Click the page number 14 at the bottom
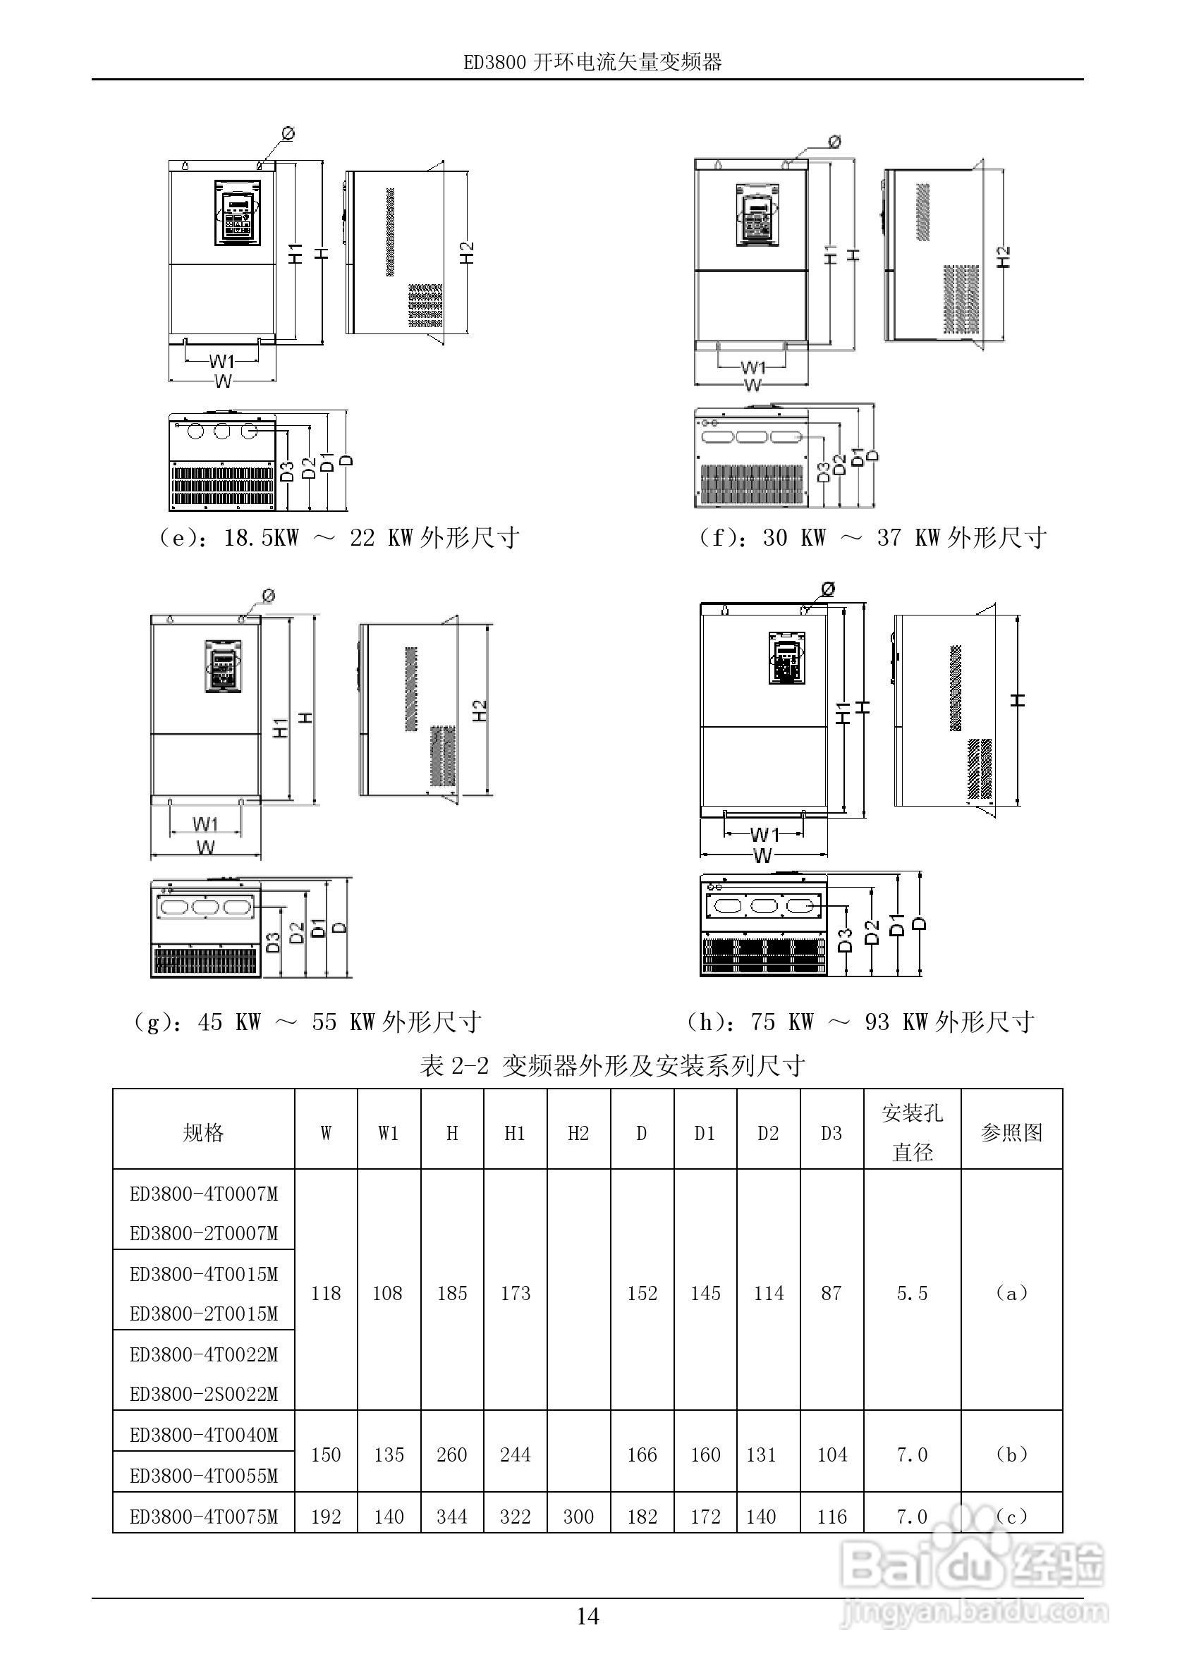pos(587,1616)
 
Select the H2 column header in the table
pos(578,1134)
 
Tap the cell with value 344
pos(452,1517)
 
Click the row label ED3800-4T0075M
pos(204,1517)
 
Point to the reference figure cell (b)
pos(1011,1455)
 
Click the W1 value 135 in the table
pos(389,1455)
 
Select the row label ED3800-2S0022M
pos(204,1394)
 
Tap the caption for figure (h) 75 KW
pos(863,1021)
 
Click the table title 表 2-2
pos(613,1066)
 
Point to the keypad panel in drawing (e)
pos(238,214)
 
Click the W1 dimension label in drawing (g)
pos(205,823)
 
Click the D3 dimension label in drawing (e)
pos(288,472)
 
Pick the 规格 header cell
pos(203,1134)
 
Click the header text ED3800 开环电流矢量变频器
pos(592,63)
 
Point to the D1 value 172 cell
pos(705,1517)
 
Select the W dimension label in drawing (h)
pos(762,855)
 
